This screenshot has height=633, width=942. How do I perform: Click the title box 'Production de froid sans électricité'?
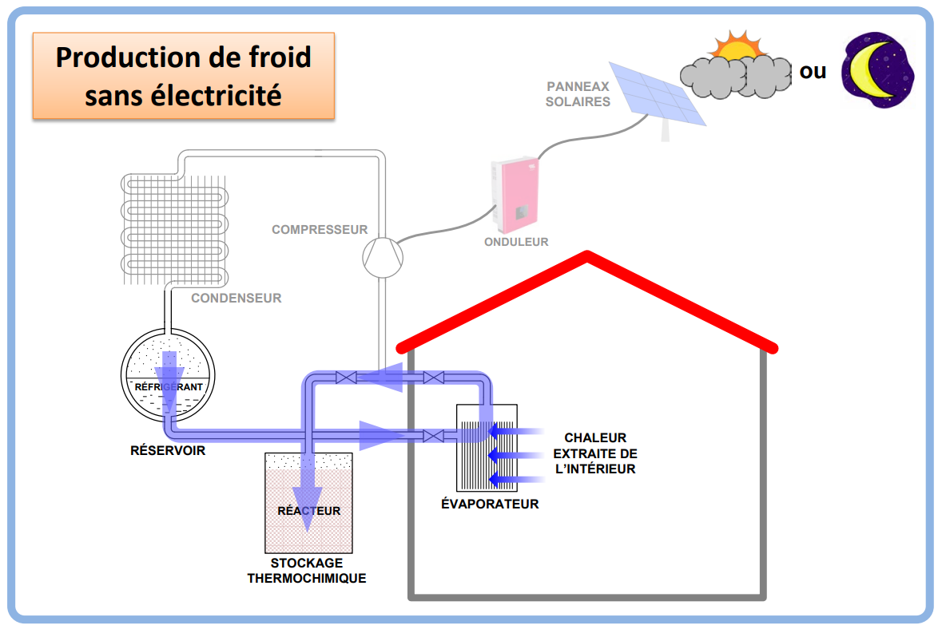pos(183,76)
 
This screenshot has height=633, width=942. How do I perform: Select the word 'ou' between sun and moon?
pos(813,71)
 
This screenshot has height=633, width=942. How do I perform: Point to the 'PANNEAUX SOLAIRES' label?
pos(578,94)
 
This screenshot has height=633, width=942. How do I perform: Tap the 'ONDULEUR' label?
pos(516,242)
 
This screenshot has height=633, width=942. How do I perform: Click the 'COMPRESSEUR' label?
pos(320,230)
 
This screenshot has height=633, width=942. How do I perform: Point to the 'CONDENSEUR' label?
pos(236,299)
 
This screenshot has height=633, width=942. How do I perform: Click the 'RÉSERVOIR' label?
pos(168,451)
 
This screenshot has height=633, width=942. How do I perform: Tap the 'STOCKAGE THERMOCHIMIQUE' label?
pos(307,571)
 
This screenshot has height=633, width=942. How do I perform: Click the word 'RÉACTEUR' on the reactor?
pos(308,511)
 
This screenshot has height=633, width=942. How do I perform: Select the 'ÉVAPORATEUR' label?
pos(490,504)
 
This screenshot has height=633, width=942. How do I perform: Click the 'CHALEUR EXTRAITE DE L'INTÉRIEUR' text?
pos(595,453)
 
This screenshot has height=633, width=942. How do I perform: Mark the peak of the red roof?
pos(588,256)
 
